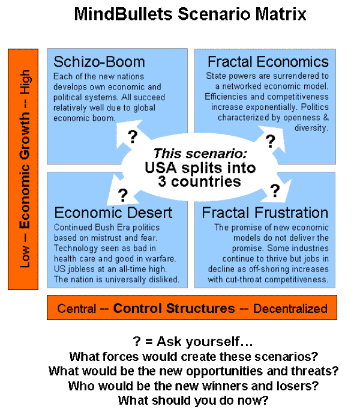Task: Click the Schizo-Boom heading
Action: pos(99,62)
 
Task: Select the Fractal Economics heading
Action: pos(268,62)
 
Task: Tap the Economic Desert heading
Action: pos(113,213)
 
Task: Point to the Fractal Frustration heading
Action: pos(265,213)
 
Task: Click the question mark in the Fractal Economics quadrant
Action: pos(271,142)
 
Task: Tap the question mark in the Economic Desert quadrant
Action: pos(123,195)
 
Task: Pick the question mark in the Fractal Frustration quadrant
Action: pos(275,191)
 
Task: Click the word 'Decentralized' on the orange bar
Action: pos(290,309)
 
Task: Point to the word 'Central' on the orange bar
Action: pos(76,309)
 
